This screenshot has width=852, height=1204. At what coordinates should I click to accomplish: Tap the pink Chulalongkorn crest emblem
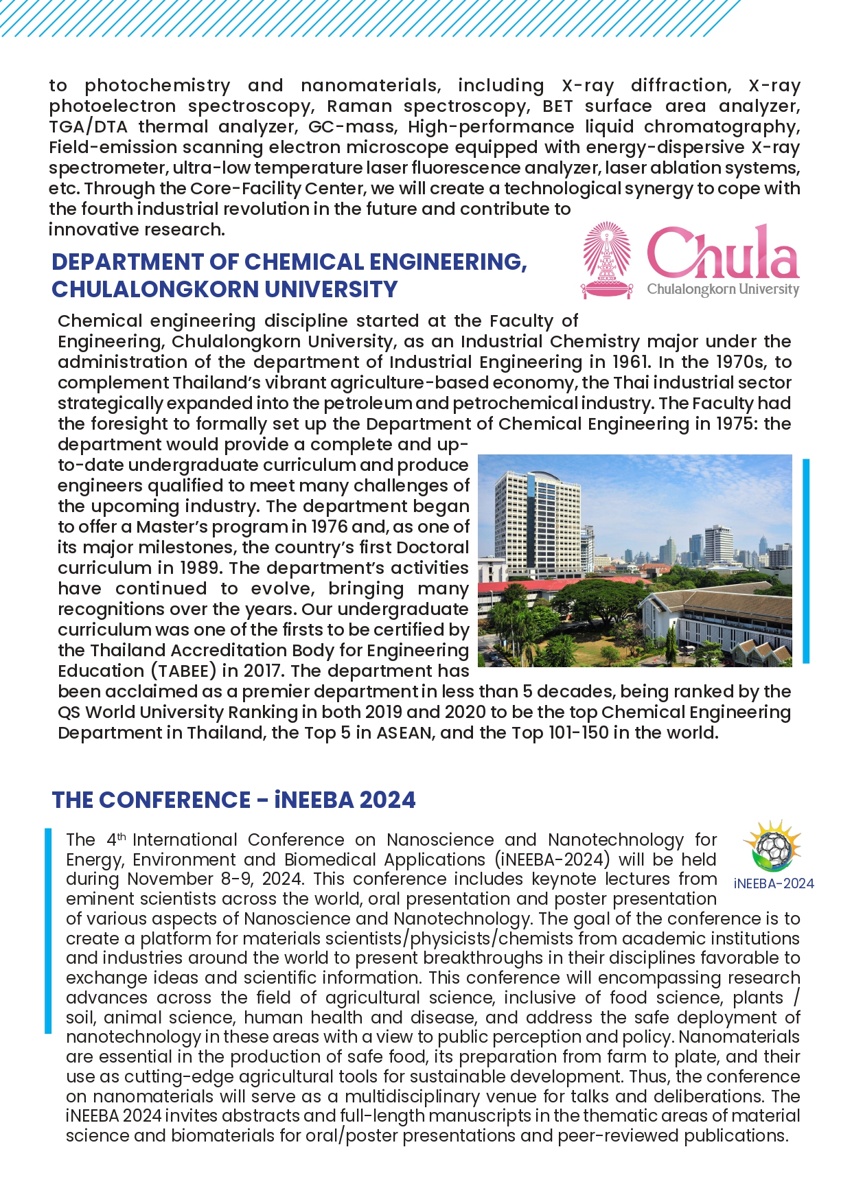(x=606, y=259)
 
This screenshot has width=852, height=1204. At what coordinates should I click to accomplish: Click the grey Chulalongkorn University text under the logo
(x=723, y=289)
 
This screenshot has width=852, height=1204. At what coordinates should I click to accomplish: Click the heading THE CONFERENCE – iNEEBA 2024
(x=233, y=800)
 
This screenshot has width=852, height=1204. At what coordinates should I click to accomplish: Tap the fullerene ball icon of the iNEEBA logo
(x=774, y=848)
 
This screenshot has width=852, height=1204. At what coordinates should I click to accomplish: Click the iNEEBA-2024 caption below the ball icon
(x=774, y=883)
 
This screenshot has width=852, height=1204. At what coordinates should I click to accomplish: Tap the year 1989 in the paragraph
(x=200, y=568)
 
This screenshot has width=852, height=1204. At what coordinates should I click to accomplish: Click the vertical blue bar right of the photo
(x=806, y=561)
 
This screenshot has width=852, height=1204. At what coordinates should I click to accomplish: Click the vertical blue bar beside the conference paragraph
(x=48, y=931)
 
